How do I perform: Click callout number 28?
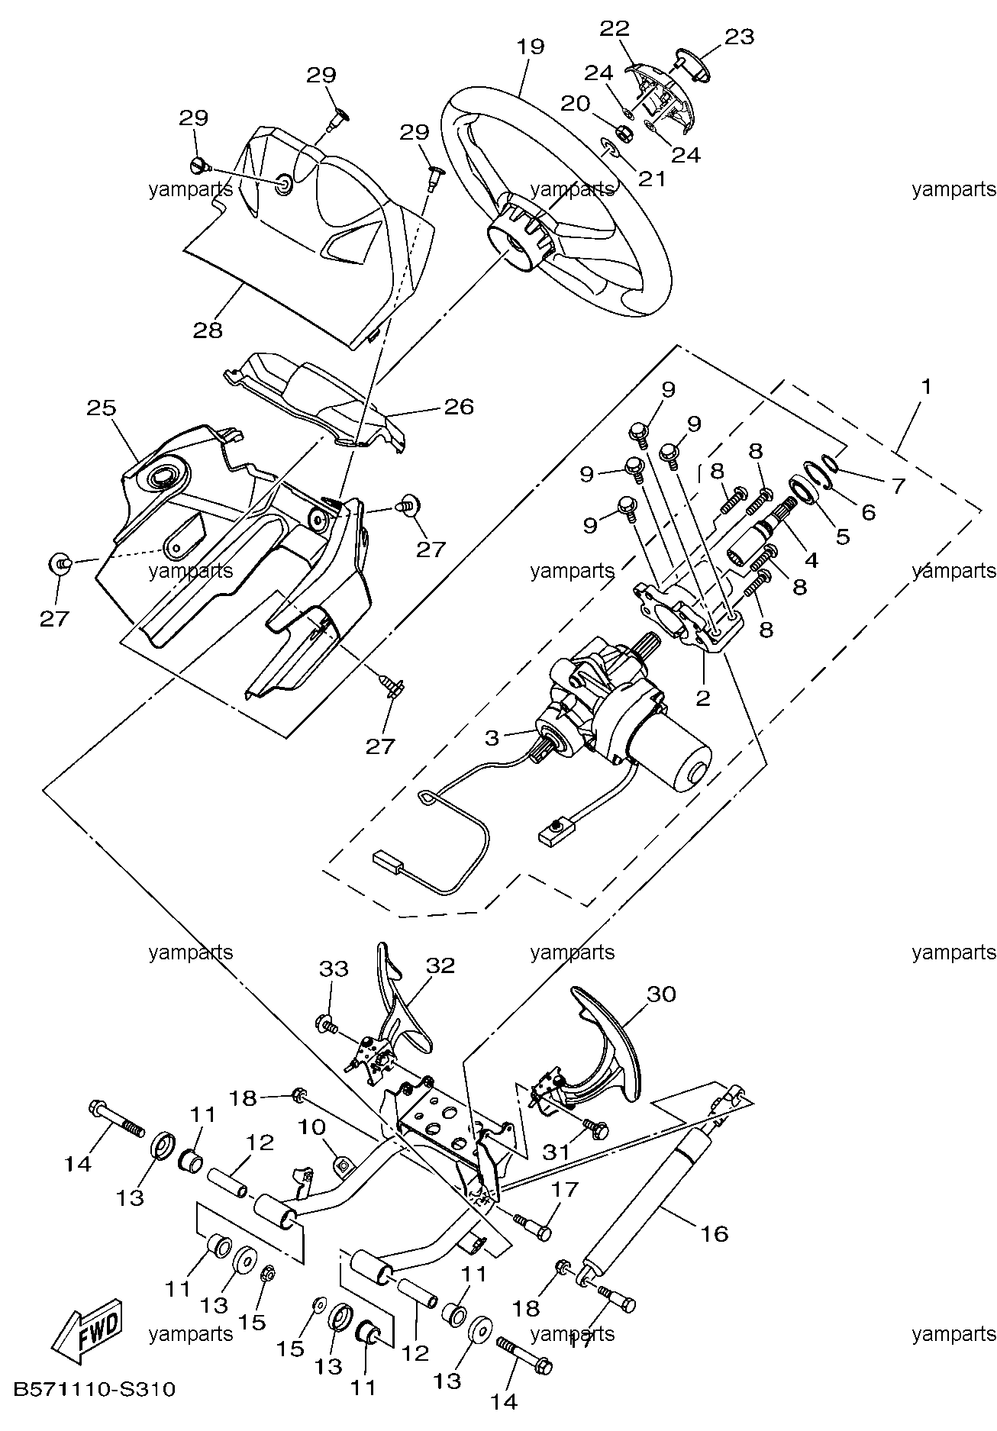tap(208, 330)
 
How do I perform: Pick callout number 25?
tap(101, 408)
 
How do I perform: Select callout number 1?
tap(926, 387)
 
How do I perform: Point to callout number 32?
tap(440, 965)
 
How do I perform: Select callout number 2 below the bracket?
tap(702, 698)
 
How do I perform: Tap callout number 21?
tap(653, 179)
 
